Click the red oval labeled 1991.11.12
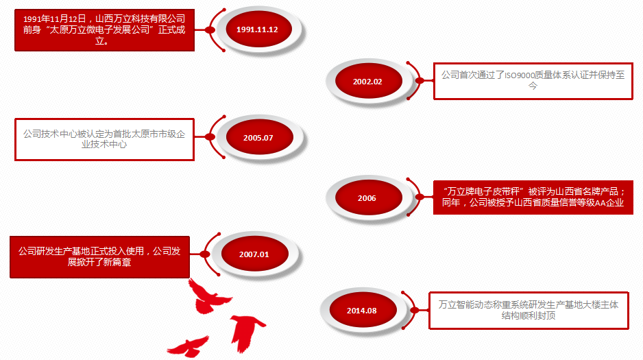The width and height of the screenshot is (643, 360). (x=258, y=29)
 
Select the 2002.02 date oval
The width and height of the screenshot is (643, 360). (x=369, y=81)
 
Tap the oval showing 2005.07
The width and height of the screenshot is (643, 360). (x=260, y=137)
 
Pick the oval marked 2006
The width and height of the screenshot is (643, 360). (x=369, y=197)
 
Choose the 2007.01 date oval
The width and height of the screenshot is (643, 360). (x=254, y=254)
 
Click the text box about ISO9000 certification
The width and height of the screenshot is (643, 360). (x=533, y=81)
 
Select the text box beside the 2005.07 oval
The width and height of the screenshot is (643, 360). (x=104, y=139)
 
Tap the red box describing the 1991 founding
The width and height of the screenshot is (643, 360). (x=104, y=30)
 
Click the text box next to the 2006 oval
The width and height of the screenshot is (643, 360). (x=533, y=197)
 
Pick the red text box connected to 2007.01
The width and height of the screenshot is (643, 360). (x=99, y=257)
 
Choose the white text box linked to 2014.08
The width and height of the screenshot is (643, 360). (x=529, y=311)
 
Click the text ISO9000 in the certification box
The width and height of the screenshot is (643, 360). (x=520, y=75)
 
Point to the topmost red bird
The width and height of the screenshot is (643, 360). (x=209, y=296)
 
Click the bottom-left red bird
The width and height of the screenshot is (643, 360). (x=189, y=346)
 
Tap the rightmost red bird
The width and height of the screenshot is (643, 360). (x=247, y=332)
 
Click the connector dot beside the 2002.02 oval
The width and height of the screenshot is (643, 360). (x=420, y=81)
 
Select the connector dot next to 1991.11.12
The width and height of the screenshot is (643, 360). (x=210, y=30)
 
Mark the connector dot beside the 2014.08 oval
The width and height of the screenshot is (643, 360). (x=415, y=311)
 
